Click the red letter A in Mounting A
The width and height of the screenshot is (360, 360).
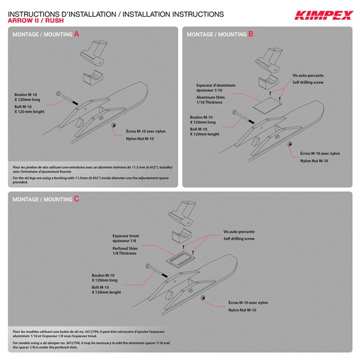tap(76, 34)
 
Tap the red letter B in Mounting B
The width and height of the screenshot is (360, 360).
tap(251, 34)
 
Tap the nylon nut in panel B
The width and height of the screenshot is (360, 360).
tap(289, 144)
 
